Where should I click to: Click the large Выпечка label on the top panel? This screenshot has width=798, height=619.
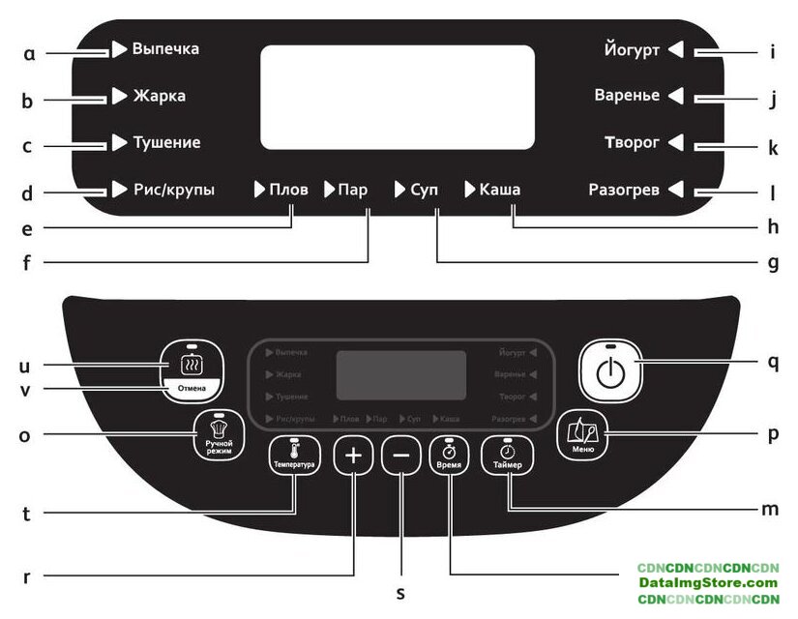click(165, 48)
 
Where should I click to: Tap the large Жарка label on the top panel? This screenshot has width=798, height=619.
click(159, 96)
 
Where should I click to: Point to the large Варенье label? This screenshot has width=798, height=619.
click(627, 96)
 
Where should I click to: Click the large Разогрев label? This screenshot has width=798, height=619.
click(624, 190)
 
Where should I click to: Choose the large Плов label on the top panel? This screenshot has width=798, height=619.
click(288, 190)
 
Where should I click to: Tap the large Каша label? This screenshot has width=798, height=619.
click(499, 190)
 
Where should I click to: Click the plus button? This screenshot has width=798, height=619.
click(353, 456)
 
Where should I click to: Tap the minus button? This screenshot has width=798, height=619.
click(401, 456)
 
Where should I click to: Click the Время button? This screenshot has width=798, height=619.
click(450, 456)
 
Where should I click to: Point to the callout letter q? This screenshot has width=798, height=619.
click(773, 362)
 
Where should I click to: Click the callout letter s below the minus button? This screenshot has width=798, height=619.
click(400, 593)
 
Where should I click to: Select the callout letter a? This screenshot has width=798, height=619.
click(28, 53)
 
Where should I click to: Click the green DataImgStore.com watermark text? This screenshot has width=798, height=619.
click(707, 583)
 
